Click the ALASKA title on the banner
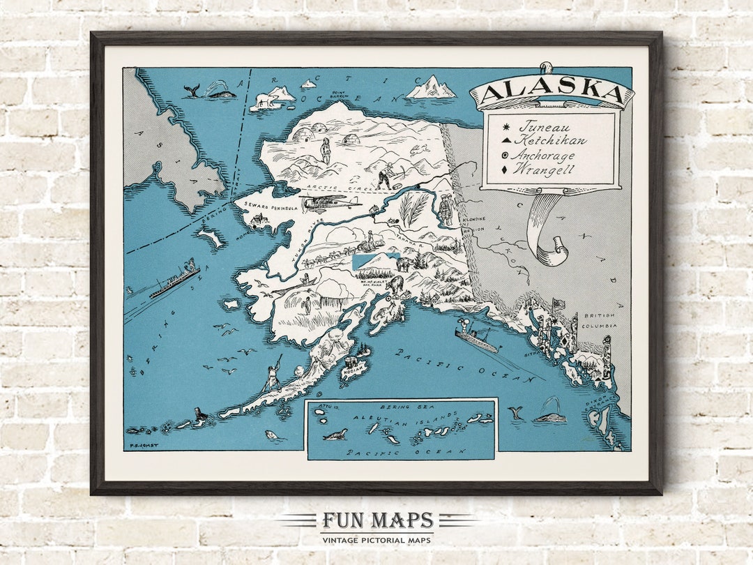(x=551, y=93)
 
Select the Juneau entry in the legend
(x=544, y=128)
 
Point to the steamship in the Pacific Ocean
(x=478, y=339)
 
